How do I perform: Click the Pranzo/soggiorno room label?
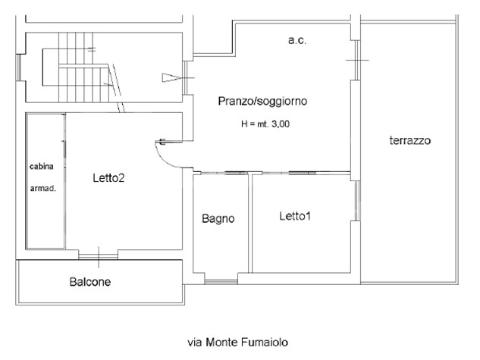[262, 101]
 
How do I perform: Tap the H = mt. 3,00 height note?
[263, 124]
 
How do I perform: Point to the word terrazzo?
[409, 141]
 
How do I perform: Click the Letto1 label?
[296, 216]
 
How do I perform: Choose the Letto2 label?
[108, 178]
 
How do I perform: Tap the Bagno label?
[218, 219]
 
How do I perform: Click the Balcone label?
[90, 283]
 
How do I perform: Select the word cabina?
[42, 166]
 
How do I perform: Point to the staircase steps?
[76, 64]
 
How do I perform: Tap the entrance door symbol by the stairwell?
[173, 77]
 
